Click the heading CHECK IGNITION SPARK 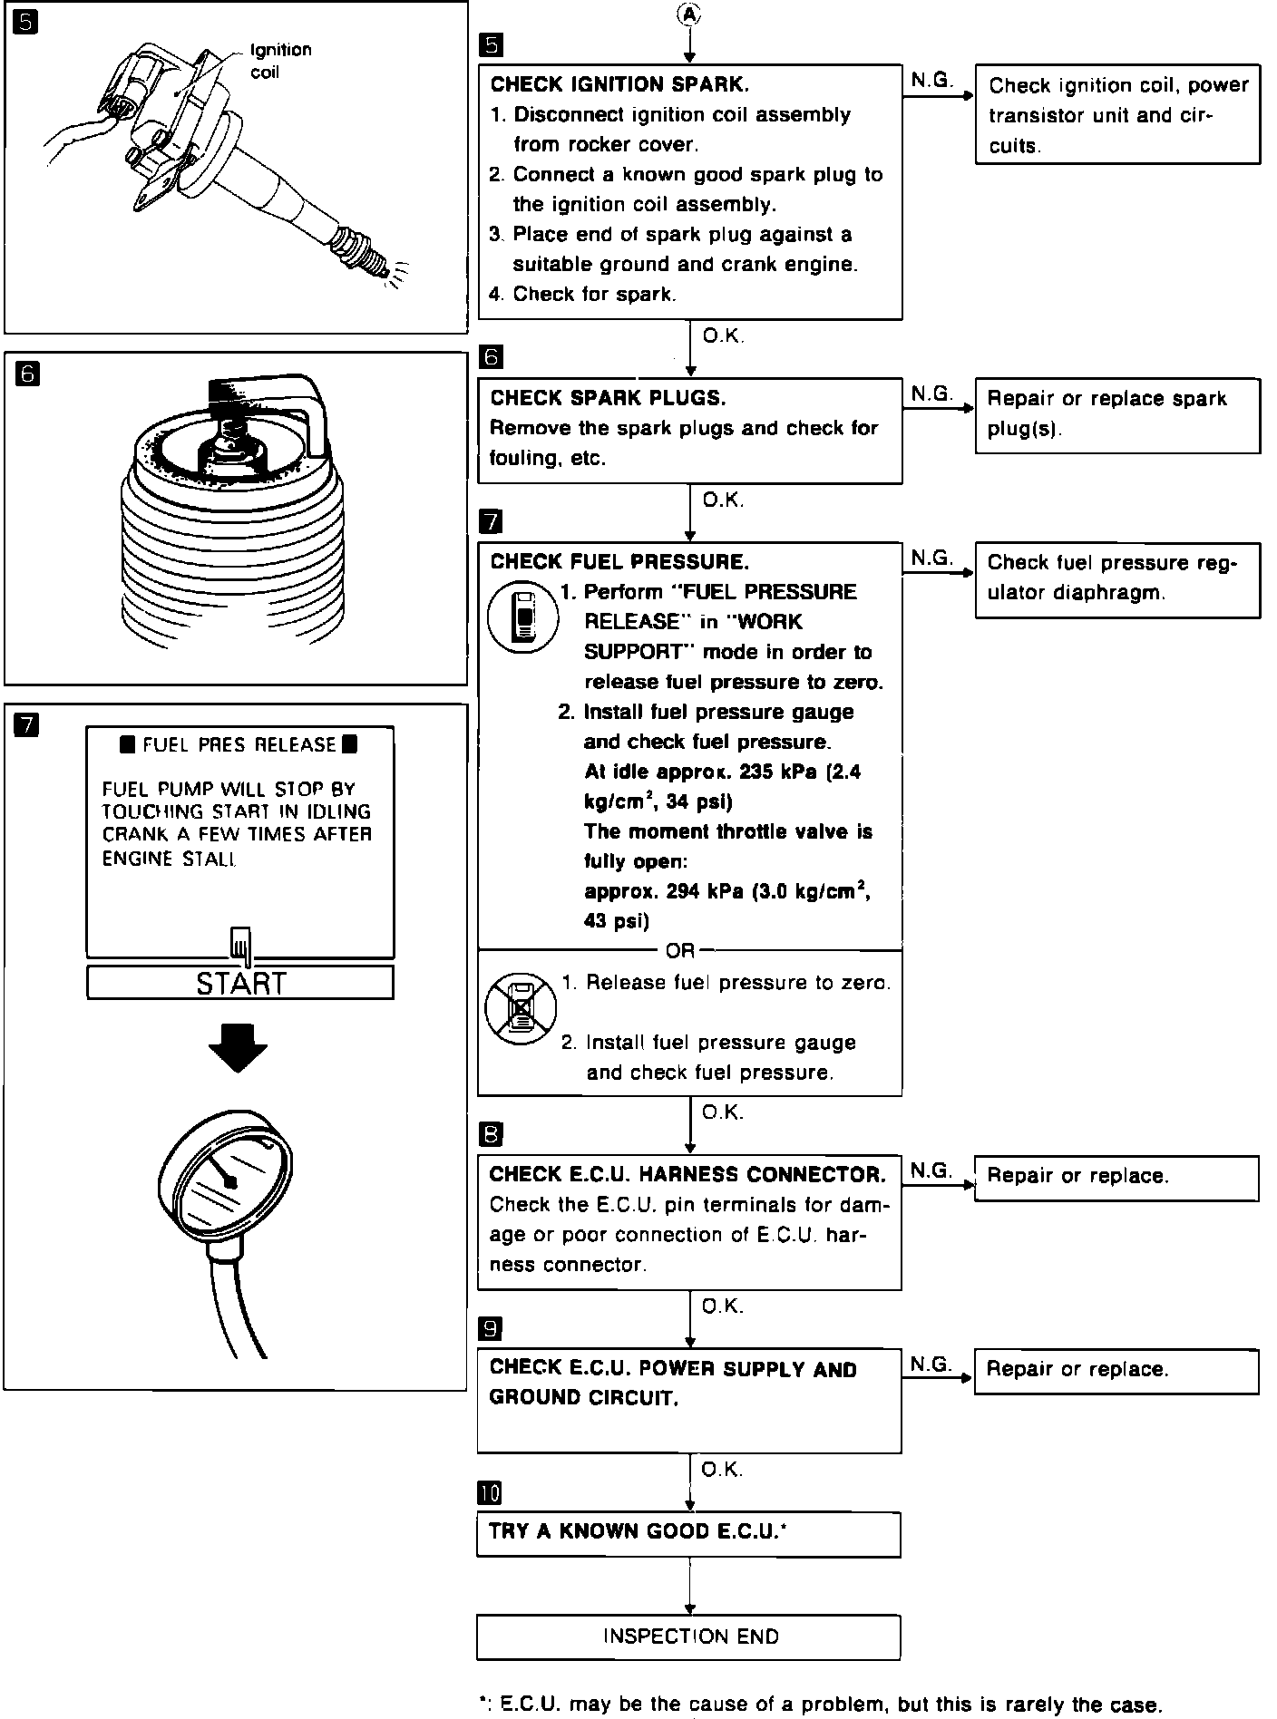click(x=619, y=85)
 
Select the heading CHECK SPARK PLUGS click(x=608, y=398)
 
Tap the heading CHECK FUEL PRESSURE click(x=619, y=562)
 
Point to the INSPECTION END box click(x=689, y=1636)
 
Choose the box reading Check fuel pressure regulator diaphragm click(x=1116, y=578)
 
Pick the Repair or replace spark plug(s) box click(x=1116, y=414)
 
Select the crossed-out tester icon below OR click(x=520, y=1006)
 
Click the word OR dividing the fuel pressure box click(x=679, y=950)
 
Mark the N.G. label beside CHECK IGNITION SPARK click(x=931, y=81)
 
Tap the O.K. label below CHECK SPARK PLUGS click(x=723, y=500)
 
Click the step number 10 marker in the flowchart click(x=490, y=1493)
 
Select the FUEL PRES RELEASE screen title click(x=239, y=745)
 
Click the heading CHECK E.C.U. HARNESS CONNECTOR click(x=687, y=1175)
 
